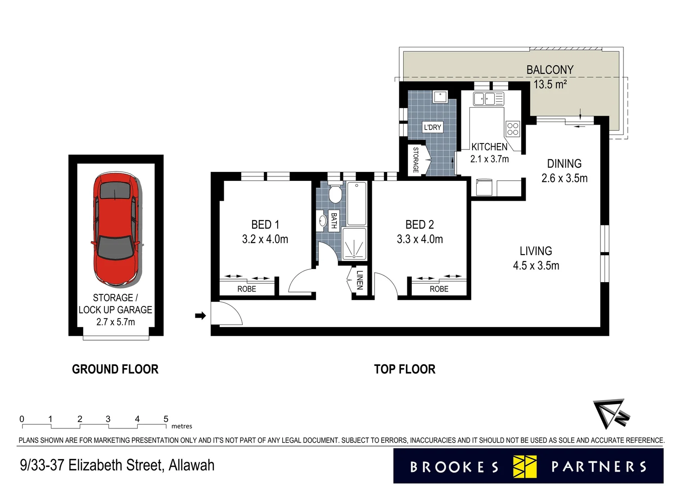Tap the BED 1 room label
click(265, 225)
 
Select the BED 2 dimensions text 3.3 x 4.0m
click(419, 239)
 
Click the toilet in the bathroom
click(334, 194)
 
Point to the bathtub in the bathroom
click(356, 203)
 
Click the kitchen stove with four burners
click(513, 129)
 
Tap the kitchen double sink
click(488, 99)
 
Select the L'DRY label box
click(433, 127)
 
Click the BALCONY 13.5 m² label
click(550, 77)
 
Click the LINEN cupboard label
click(359, 280)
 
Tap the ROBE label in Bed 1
click(247, 289)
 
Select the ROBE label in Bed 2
click(439, 289)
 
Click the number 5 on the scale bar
click(166, 419)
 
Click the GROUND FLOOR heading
click(115, 369)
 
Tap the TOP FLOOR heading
click(405, 369)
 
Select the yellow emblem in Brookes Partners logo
click(525, 466)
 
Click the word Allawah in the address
click(191, 465)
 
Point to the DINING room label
click(564, 164)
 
